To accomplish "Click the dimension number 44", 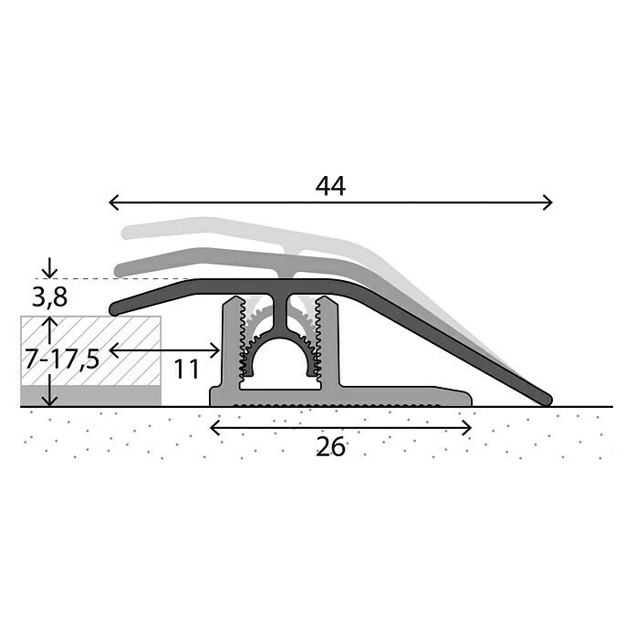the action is coord(330,187).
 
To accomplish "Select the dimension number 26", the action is coord(330,447).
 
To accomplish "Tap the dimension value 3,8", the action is coord(50,298).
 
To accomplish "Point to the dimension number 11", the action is coord(187,369).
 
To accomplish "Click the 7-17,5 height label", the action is coord(62,359).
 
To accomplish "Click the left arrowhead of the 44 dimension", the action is coord(113,202).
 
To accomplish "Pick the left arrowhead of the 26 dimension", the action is coord(214,428).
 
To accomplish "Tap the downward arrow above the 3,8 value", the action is coord(49,268).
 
